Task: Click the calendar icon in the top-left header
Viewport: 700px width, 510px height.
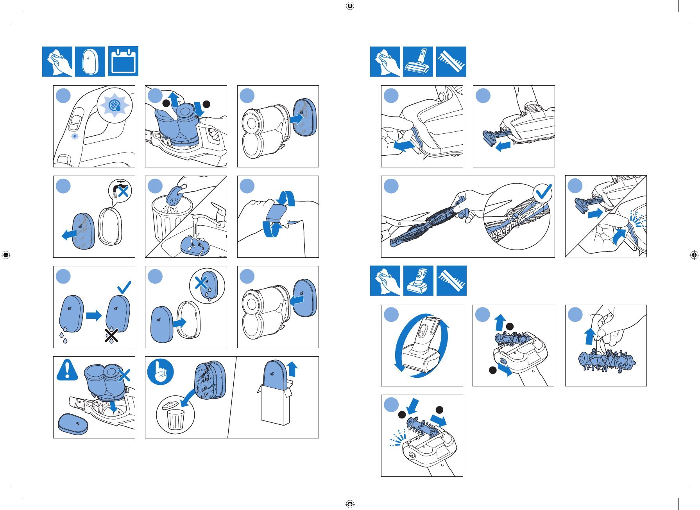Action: point(123,61)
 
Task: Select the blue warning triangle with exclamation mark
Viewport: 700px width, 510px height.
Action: point(67,370)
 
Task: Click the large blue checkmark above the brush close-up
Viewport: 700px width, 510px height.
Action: point(543,191)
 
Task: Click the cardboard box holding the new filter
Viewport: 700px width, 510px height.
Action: point(276,405)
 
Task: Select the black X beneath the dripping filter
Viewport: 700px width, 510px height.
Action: point(112,335)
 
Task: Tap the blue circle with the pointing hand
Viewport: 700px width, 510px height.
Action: point(160,372)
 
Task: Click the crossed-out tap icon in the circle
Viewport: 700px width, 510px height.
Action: point(120,191)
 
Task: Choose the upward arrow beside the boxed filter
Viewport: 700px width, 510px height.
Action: point(292,369)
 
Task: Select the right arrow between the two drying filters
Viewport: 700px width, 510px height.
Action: point(94,315)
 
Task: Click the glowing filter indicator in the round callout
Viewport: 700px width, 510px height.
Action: point(115,105)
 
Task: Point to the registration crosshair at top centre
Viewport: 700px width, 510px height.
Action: point(350,5)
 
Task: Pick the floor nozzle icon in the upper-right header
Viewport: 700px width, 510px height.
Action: point(418,61)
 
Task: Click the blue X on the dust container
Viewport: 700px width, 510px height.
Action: point(124,375)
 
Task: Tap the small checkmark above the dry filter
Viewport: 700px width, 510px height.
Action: point(124,287)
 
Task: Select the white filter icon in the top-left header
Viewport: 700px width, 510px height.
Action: point(90,61)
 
